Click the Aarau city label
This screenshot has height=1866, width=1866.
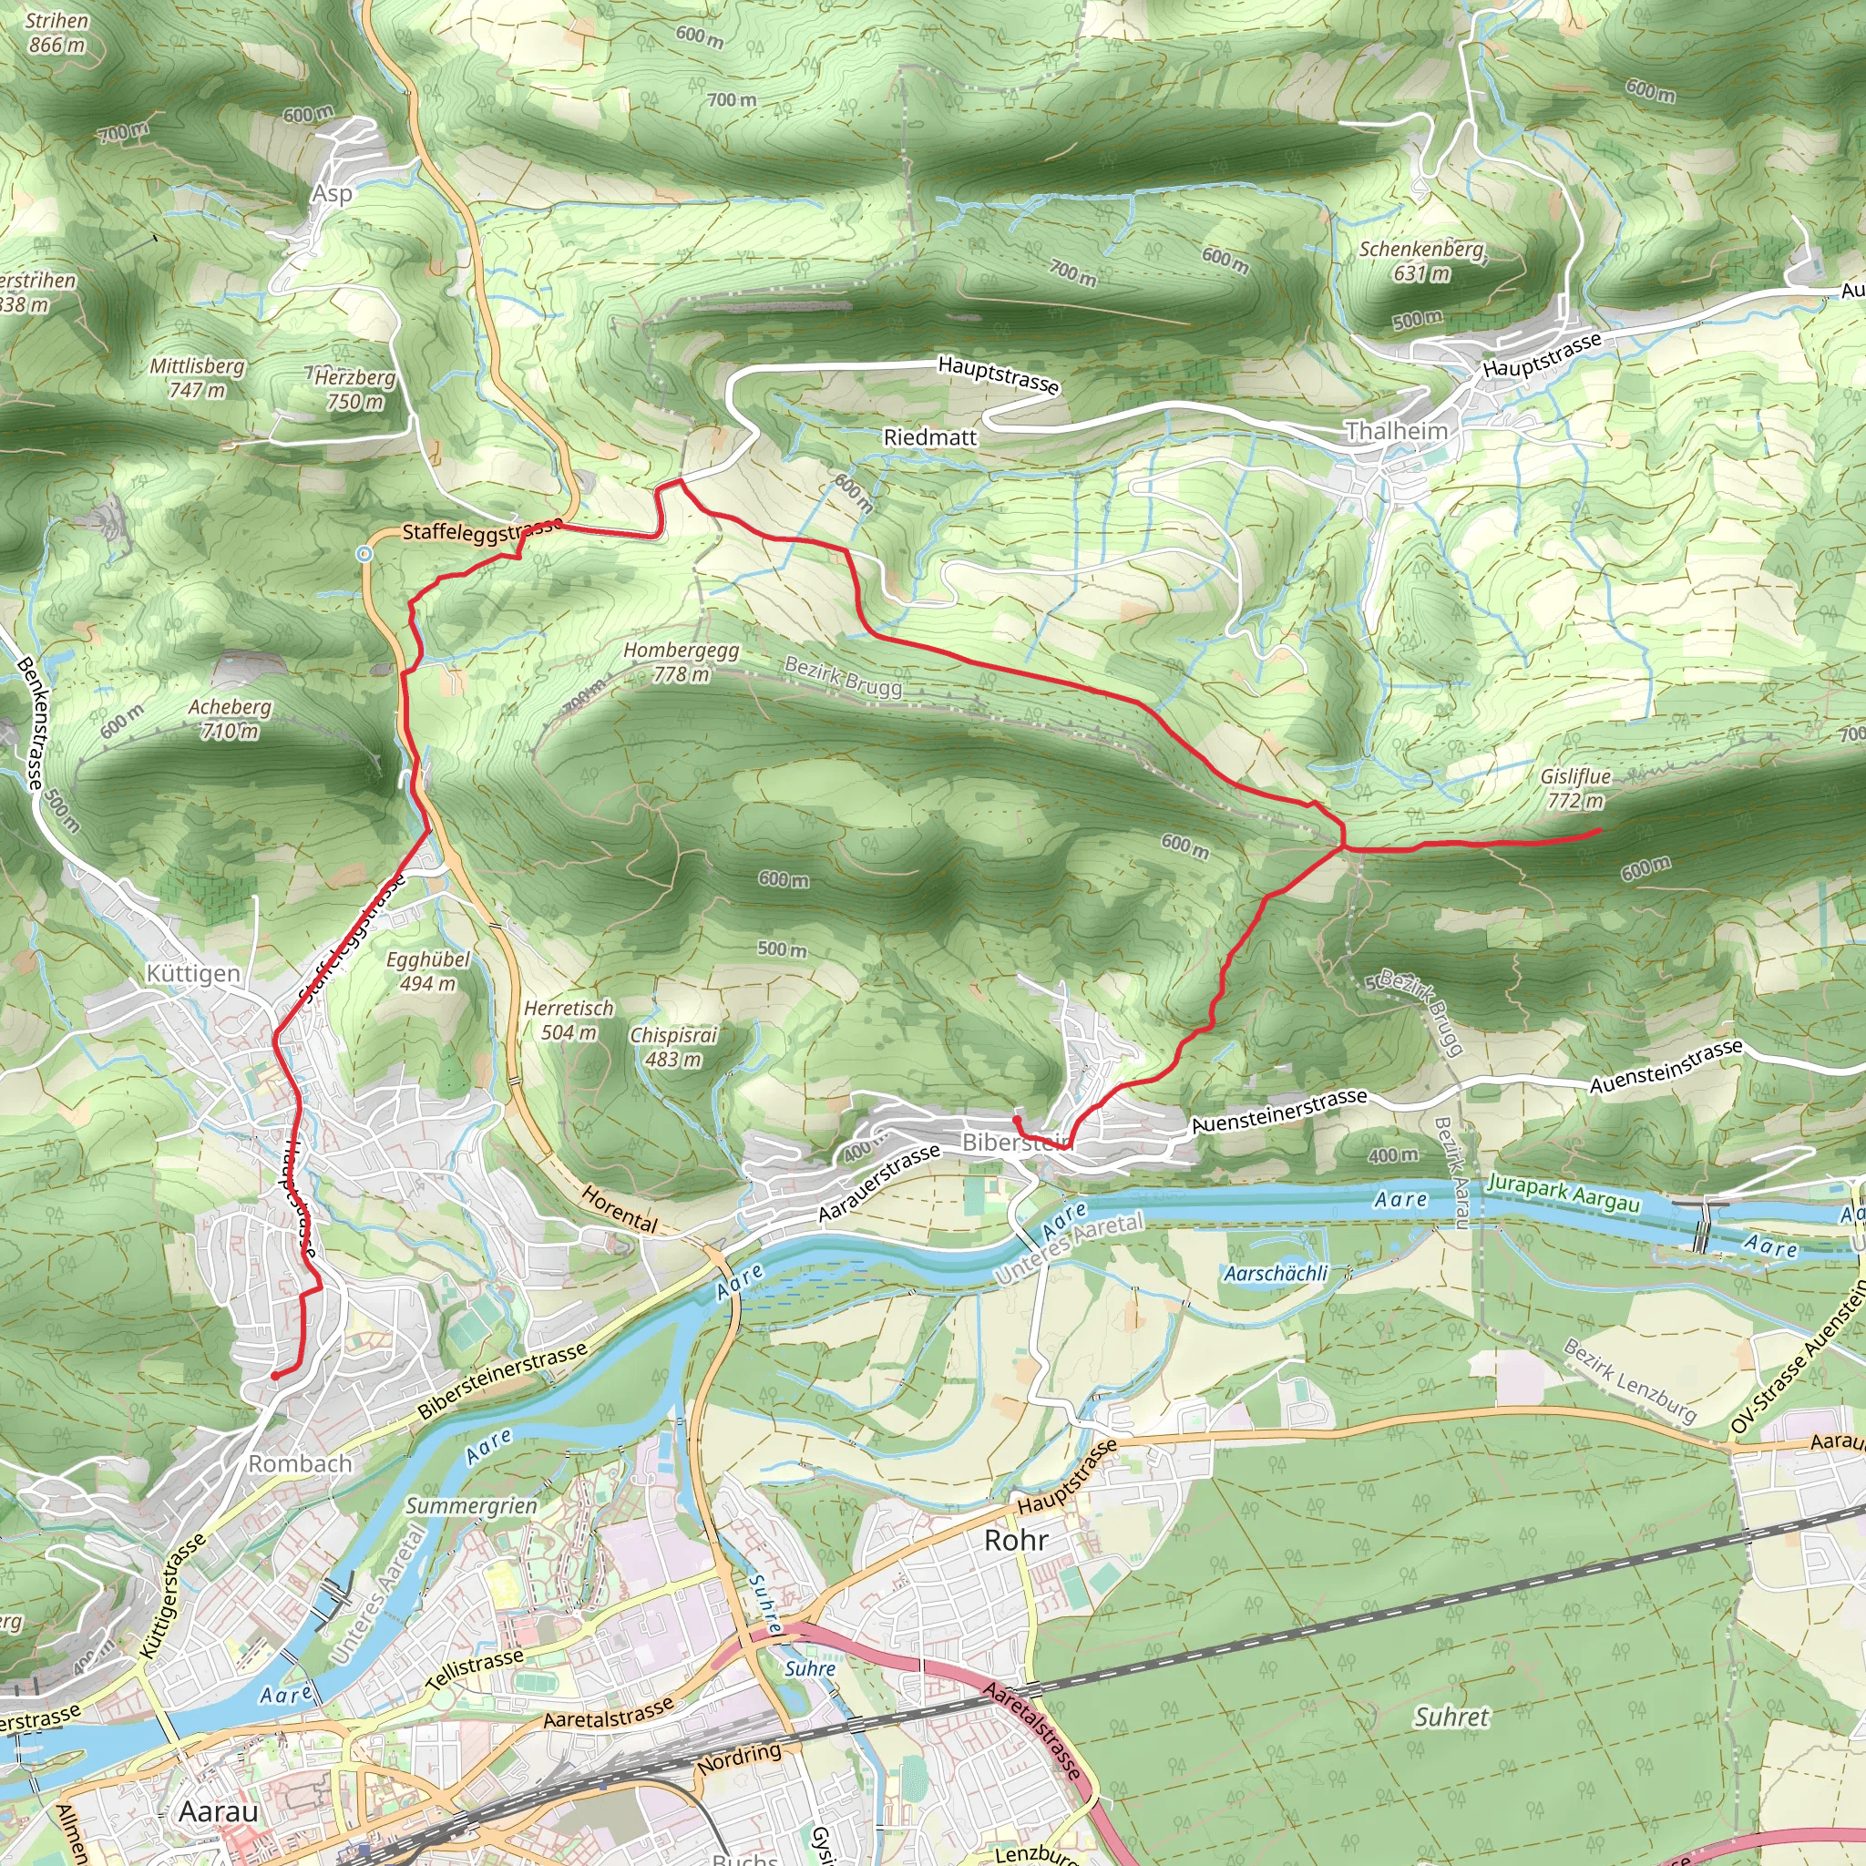(x=219, y=1811)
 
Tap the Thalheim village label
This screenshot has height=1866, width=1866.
(x=1397, y=431)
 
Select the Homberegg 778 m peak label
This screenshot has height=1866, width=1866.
(x=681, y=661)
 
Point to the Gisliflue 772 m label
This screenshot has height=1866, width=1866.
(x=1575, y=788)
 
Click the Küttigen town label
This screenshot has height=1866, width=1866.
(x=193, y=974)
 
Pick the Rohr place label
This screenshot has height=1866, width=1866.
(x=1015, y=1540)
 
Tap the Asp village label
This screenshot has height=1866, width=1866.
(x=332, y=193)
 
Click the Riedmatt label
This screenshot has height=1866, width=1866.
(x=930, y=437)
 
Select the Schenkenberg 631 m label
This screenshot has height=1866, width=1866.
(x=1420, y=261)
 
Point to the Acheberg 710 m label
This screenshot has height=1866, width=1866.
(x=230, y=719)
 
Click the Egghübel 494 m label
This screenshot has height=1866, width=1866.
(x=428, y=971)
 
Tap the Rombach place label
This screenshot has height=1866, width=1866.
(x=301, y=1463)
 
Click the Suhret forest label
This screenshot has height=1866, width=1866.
(x=1451, y=1717)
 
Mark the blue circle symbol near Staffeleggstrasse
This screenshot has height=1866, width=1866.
(x=364, y=553)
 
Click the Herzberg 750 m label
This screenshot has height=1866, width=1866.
(x=354, y=389)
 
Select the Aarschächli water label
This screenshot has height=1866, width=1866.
(x=1276, y=1273)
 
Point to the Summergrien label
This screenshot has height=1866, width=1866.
(x=470, y=1506)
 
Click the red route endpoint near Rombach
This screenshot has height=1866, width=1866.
(x=274, y=1375)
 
